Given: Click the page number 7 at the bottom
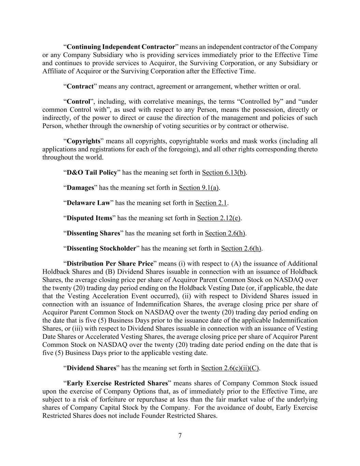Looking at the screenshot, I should [x=180, y=435].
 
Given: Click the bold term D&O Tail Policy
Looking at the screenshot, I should [x=92, y=172].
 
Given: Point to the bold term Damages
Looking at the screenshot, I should [x=80, y=188].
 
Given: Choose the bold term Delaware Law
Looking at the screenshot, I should [x=88, y=203].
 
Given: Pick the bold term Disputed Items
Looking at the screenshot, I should [x=89, y=218].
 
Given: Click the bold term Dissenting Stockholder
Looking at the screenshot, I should [x=101, y=248].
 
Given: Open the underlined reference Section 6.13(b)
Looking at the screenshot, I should [x=224, y=172].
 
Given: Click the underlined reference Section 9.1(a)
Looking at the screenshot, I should [x=199, y=188].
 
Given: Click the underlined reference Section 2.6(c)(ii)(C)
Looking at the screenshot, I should [x=230, y=368].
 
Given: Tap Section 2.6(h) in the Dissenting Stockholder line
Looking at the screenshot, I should [x=241, y=248].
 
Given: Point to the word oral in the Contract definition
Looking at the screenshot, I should [x=294, y=86].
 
